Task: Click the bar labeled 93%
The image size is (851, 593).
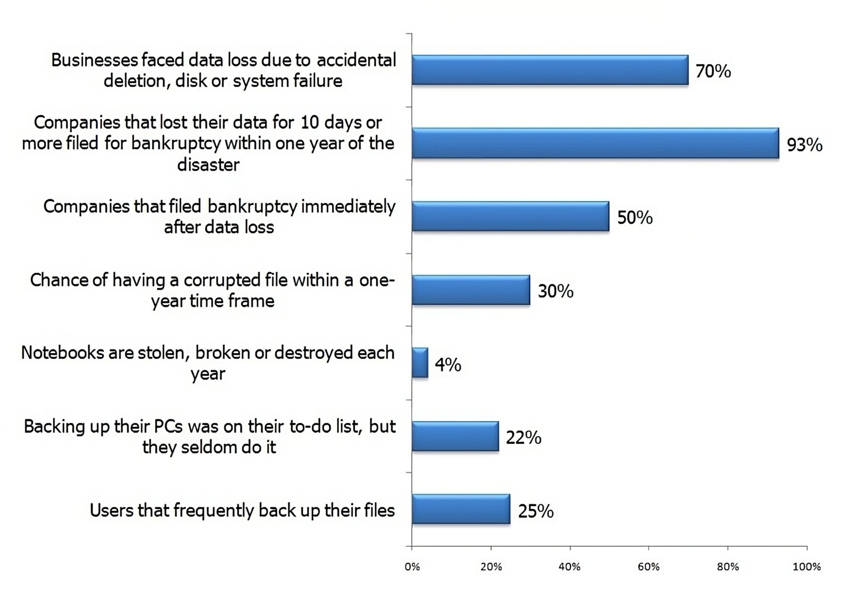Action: point(595,143)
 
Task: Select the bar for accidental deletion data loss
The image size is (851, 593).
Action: point(550,70)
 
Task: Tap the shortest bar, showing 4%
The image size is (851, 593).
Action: point(420,363)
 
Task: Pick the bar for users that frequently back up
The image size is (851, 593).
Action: point(461,509)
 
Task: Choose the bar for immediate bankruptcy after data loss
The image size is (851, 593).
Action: point(510,217)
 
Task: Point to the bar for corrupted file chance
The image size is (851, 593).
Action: point(470,290)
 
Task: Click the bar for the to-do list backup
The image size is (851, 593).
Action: point(455,436)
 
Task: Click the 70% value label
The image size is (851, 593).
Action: point(713,71)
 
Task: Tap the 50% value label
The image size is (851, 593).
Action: point(634,218)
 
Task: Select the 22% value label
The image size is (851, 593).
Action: point(523,438)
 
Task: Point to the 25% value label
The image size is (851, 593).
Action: point(535,511)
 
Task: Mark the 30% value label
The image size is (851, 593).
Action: point(555,291)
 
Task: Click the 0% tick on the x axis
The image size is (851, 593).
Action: point(412,567)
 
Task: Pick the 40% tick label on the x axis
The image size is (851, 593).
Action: point(569,567)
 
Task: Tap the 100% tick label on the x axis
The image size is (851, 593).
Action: point(806,567)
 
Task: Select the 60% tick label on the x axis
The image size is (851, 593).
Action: point(648,567)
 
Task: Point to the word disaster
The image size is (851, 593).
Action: point(208,165)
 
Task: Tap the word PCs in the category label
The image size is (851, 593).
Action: point(168,426)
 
